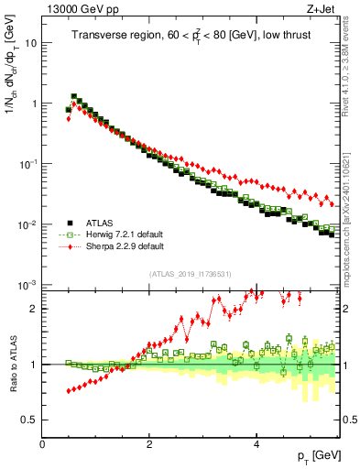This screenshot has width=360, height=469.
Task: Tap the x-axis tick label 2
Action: tap(149, 444)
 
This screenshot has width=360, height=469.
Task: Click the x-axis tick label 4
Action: tap(256, 444)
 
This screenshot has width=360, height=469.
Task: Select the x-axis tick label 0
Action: tap(42, 444)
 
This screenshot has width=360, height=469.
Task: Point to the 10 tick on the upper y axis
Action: tap(29, 43)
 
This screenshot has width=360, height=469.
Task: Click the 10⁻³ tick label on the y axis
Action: tap(27, 285)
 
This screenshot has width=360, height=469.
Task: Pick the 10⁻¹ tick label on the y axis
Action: tap(27, 164)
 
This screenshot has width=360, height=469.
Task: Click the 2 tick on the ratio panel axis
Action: tap(34, 309)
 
